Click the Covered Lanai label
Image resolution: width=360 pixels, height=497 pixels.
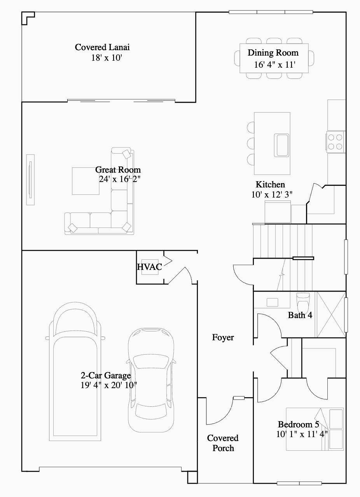102,47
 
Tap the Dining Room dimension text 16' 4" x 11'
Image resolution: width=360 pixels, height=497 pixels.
275,65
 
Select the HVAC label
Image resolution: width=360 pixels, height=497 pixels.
149,267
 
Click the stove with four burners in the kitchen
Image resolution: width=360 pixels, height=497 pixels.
335,142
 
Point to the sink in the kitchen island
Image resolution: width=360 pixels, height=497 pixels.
282,145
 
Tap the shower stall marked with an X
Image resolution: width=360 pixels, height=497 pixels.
330,314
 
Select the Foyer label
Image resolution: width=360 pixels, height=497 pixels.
223,337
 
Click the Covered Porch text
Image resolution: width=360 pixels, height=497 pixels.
223,443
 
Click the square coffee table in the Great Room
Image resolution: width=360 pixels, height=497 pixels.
86,180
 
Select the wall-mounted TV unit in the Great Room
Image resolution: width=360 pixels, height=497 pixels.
30,179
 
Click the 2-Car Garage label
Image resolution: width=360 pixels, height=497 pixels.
105,375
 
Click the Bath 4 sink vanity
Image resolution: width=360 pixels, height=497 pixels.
272,302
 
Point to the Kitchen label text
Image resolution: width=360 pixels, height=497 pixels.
270,184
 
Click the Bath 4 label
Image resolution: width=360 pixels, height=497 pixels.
300,315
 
